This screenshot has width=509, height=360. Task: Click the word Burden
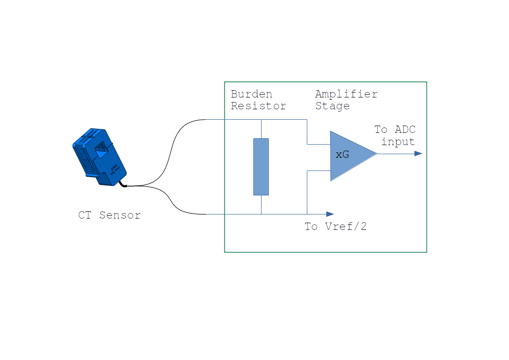click(x=252, y=94)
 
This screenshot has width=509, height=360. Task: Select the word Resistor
click(x=258, y=106)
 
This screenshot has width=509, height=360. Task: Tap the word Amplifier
click(x=346, y=94)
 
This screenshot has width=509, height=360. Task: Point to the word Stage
click(x=332, y=106)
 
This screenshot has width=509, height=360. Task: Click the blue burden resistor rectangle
click(x=261, y=167)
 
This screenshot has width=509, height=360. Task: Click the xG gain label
click(x=342, y=155)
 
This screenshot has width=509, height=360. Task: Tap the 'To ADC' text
click(x=395, y=130)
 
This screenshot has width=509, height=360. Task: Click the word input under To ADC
click(x=398, y=141)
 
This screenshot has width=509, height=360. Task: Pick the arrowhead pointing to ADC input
click(x=418, y=154)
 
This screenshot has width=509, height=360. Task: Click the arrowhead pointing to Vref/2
click(x=330, y=214)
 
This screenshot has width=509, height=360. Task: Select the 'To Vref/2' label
click(x=335, y=226)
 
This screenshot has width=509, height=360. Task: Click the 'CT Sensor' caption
click(x=109, y=215)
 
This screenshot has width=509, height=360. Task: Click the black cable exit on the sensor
click(x=123, y=184)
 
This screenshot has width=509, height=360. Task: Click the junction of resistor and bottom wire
click(x=261, y=214)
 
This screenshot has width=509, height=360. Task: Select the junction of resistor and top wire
click(x=261, y=120)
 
